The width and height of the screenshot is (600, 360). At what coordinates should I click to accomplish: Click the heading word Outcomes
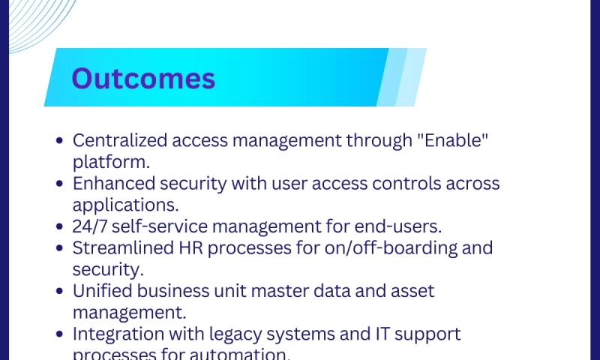[x=143, y=79]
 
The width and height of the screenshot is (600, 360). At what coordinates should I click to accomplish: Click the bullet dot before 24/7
[x=60, y=226]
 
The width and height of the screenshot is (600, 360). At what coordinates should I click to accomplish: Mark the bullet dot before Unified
[x=60, y=291]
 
